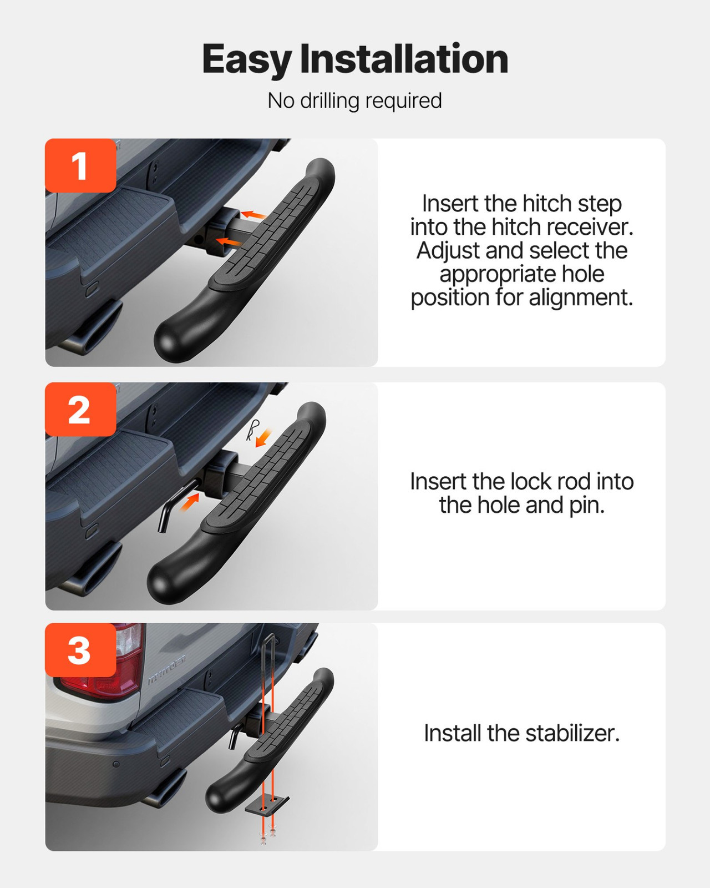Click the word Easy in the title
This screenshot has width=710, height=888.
[x=246, y=60]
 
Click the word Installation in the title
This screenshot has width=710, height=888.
[x=403, y=59]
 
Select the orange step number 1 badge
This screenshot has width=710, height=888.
[x=80, y=166]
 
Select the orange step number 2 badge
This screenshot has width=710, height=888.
[x=80, y=410]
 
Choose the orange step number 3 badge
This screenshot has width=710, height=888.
[x=80, y=650]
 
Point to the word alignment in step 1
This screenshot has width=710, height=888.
[x=580, y=297]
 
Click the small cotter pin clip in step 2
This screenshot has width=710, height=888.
[x=253, y=429]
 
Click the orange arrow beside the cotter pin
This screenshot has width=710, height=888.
[x=263, y=438]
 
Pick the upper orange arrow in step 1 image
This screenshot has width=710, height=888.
[x=253, y=214]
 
